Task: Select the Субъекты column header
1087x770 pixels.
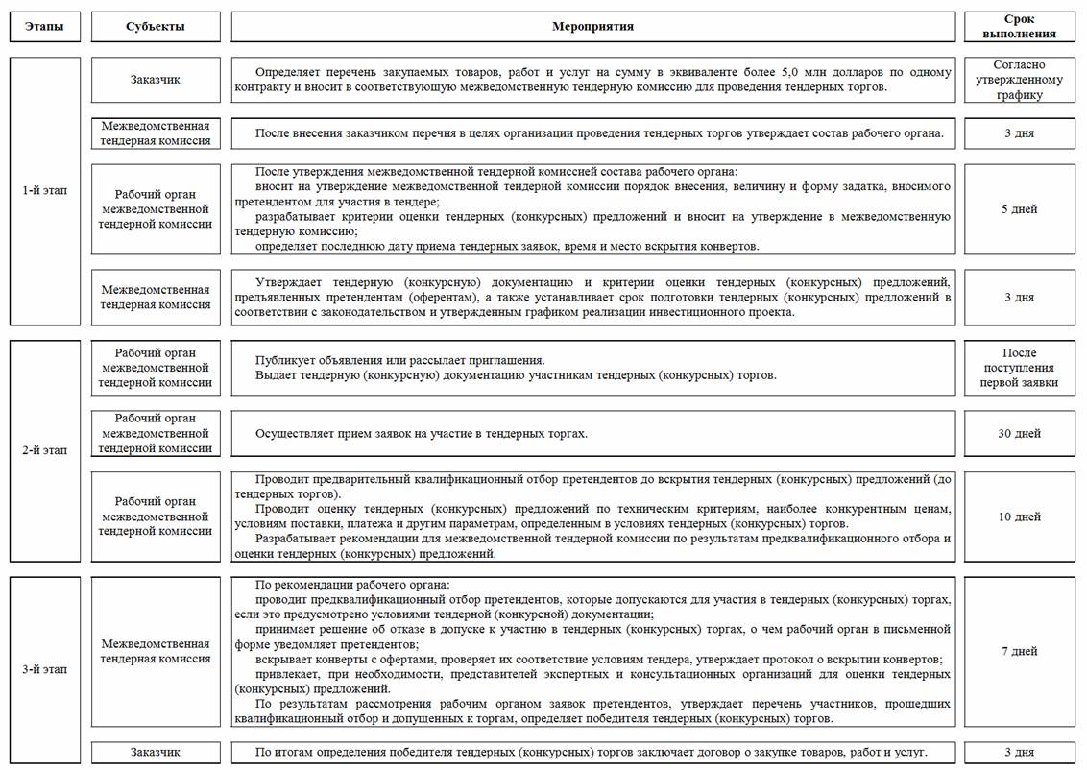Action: (156, 27)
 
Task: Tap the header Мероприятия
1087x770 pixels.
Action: (592, 27)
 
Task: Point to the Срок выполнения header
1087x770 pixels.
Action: (1019, 27)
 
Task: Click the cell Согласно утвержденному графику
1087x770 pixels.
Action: (1019, 80)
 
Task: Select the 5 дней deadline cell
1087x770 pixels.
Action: (1019, 209)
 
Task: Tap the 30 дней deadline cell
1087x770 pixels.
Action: (1019, 434)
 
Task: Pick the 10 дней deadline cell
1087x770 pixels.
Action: (1019, 517)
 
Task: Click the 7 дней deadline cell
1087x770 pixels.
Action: (1019, 651)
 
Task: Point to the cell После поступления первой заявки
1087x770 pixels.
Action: (1019, 368)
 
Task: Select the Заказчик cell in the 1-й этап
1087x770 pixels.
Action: (156, 80)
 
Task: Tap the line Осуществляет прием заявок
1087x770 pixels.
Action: (421, 434)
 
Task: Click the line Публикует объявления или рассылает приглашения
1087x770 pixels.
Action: (400, 360)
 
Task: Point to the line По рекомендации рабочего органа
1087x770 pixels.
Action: (352, 586)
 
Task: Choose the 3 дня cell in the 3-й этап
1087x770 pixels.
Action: (1019, 752)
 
